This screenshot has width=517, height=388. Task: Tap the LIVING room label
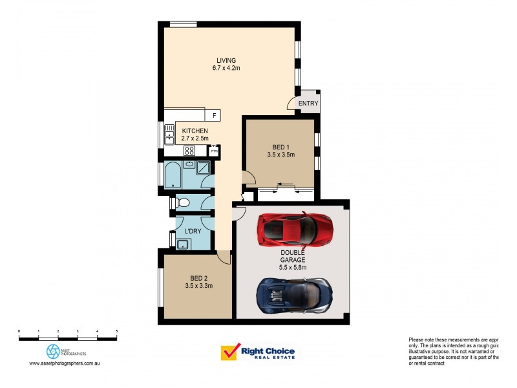[x=226, y=61]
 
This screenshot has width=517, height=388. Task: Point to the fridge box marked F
[x=214, y=115]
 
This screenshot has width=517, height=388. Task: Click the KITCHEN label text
[x=195, y=131]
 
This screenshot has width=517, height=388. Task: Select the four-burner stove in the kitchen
[x=190, y=151]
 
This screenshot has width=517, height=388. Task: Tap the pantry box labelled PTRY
[x=214, y=151]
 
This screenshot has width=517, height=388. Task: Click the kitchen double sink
[x=169, y=134]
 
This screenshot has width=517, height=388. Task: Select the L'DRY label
[x=192, y=232]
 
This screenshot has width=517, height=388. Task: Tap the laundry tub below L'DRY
[x=182, y=243]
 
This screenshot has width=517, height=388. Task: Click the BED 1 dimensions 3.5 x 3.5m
[x=280, y=155]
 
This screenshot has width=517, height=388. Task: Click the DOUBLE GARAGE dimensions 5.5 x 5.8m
[x=293, y=267]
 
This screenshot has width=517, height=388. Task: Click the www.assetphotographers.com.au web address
[x=64, y=363]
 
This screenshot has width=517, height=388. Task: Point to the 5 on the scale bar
[x=116, y=331]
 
